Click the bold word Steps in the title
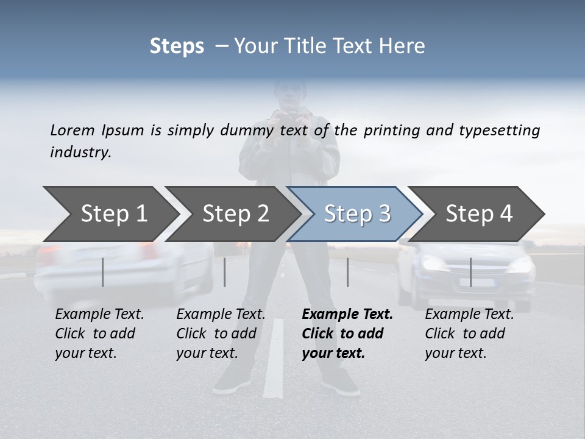click(177, 46)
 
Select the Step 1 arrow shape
click(110, 213)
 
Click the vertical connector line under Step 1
click(103, 272)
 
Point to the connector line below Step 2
click(225, 272)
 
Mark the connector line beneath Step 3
click(348, 272)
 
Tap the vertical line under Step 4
click(470, 272)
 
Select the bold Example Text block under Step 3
click(347, 334)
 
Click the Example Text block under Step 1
click(99, 334)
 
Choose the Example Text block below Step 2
click(221, 334)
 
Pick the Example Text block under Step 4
click(469, 334)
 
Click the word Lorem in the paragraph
click(73, 130)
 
